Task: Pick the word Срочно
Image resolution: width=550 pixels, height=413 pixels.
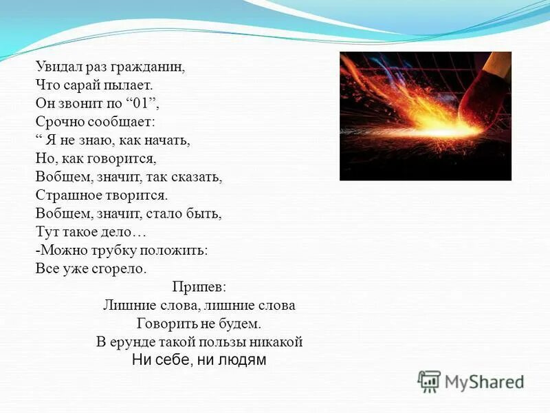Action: coord(58,122)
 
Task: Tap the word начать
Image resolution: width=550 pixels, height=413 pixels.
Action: coord(167,140)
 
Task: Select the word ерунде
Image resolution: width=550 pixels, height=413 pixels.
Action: coord(133,341)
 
